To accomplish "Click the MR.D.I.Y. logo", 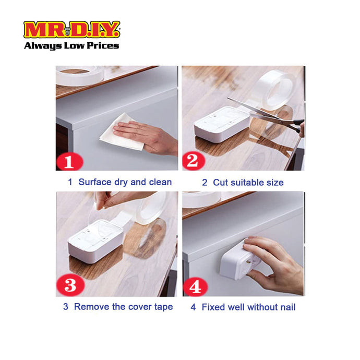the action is [x=71, y=29].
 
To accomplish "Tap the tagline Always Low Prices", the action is [x=71, y=45].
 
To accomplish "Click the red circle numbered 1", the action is [x=69, y=162].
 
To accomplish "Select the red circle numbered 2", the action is [x=194, y=161].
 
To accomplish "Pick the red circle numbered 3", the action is [x=70, y=285].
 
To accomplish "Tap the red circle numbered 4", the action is [x=195, y=286].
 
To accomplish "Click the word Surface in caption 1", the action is [x=95, y=182].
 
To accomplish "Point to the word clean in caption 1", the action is [x=160, y=182].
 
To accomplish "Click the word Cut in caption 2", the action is [x=220, y=183].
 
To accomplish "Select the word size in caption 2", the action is [x=275, y=183].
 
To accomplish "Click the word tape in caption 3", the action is [x=163, y=307].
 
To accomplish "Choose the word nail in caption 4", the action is [x=287, y=307].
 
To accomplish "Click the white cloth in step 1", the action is [x=121, y=133].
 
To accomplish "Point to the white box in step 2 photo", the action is [x=222, y=125].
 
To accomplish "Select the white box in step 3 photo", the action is [x=95, y=241].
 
